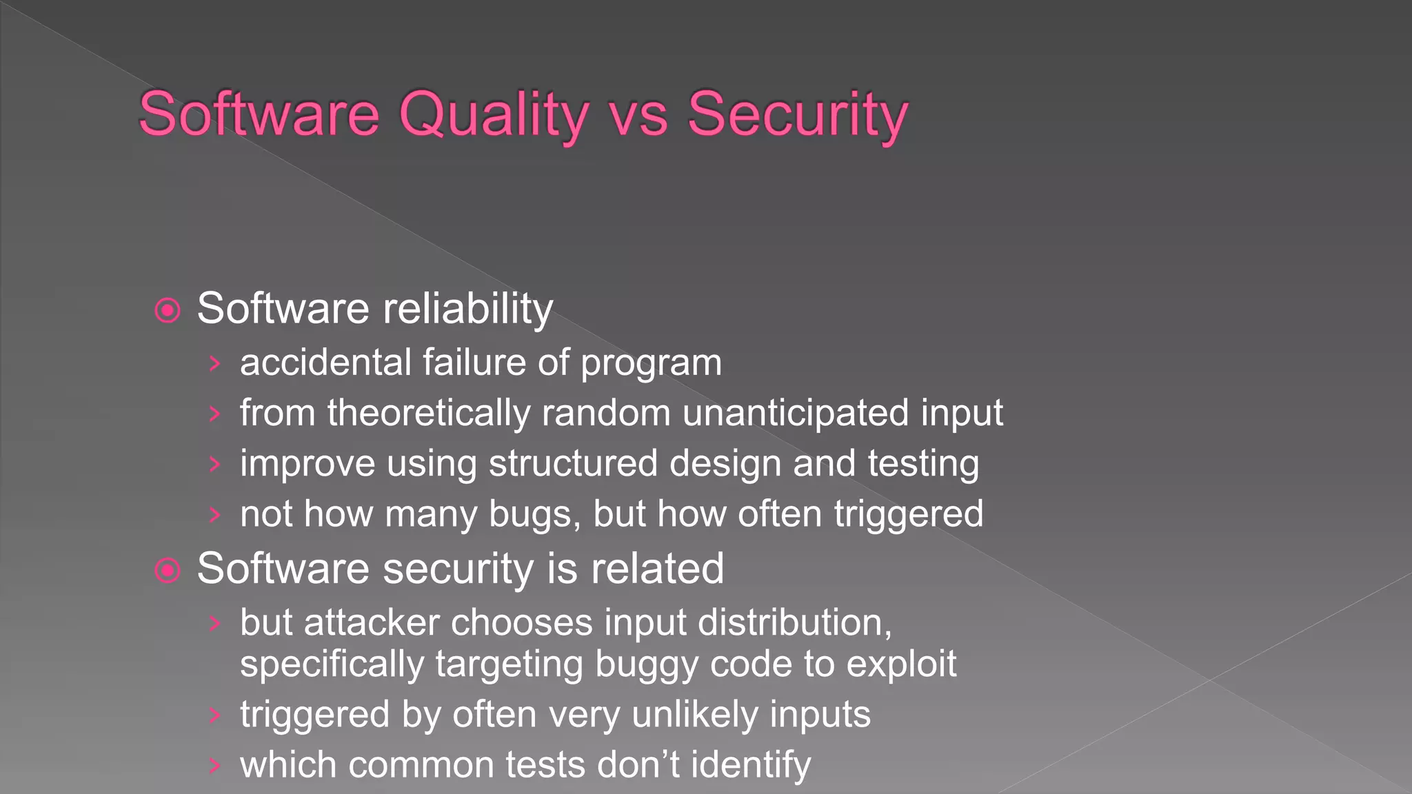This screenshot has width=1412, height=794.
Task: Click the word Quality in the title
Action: [494, 114]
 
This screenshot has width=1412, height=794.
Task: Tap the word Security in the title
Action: [798, 114]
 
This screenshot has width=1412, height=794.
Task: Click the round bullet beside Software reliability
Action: [168, 310]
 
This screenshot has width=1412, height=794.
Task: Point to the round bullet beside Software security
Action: [168, 570]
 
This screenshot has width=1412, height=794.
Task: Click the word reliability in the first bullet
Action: [468, 308]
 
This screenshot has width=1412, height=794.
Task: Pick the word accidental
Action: [325, 363]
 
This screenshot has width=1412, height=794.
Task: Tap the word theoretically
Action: [429, 414]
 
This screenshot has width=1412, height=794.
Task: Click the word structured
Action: [574, 463]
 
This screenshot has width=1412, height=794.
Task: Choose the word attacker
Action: [372, 622]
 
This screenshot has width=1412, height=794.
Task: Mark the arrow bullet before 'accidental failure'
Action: [214, 363]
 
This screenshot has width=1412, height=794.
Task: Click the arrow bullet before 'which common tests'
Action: [214, 765]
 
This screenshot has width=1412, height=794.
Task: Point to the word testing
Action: [923, 463]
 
